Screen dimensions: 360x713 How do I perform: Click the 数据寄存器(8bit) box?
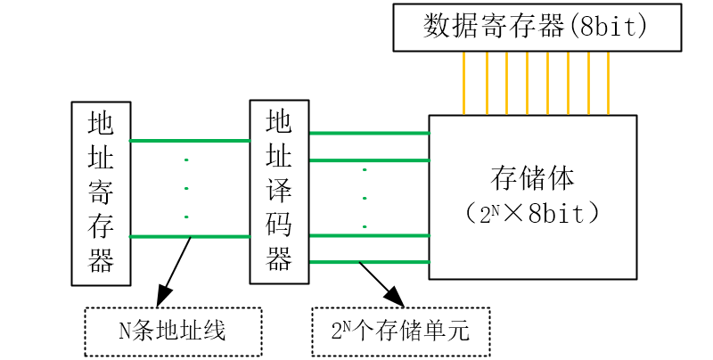pyautogui.click(x=537, y=27)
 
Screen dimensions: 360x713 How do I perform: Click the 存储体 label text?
pyautogui.click(x=532, y=176)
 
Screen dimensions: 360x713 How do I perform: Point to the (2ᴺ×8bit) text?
pyautogui.click(x=532, y=215)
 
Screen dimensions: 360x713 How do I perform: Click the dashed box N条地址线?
pyautogui.click(x=173, y=331)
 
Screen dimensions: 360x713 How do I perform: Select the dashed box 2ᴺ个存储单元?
pyautogui.click(x=400, y=331)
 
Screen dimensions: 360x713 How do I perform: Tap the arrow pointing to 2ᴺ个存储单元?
pyautogui.click(x=380, y=283)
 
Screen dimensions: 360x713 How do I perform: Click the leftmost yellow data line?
pyautogui.click(x=464, y=83)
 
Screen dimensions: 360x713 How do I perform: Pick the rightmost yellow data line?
pyautogui.click(x=608, y=83)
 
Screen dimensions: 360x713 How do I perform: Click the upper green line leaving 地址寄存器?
pyautogui.click(x=190, y=140)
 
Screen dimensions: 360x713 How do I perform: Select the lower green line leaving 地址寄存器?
pyautogui.click(x=190, y=236)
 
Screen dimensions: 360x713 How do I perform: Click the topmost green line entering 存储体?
pyautogui.click(x=369, y=133)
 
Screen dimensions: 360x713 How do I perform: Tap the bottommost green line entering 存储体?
pyautogui.click(x=369, y=261)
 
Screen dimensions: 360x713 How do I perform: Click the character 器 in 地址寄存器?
pyautogui.click(x=101, y=261)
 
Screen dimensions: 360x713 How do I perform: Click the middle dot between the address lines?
pyautogui.click(x=186, y=189)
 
